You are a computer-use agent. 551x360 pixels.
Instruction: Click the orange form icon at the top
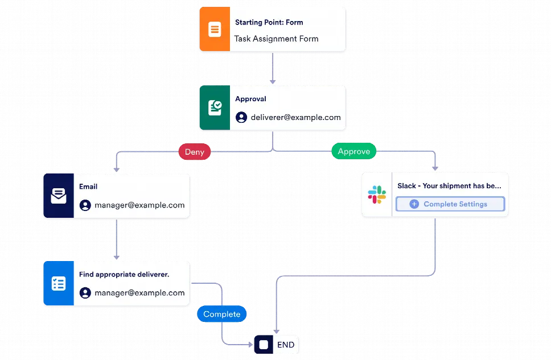[215, 30]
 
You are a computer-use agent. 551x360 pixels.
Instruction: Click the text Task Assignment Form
[276, 39]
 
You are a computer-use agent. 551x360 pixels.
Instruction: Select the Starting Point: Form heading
[269, 23]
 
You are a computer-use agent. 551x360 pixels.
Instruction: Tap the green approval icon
[215, 108]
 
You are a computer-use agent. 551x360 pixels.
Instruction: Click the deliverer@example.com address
[295, 118]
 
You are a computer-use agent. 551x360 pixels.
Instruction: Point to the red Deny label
[195, 152]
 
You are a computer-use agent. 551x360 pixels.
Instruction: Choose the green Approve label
[353, 151]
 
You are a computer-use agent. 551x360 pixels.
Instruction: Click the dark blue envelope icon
[58, 196]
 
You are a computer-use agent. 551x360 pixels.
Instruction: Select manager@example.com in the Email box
[139, 205]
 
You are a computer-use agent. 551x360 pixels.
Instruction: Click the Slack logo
[377, 195]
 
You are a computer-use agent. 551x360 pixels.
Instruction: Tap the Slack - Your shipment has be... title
[449, 186]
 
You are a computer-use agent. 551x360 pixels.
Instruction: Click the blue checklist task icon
[58, 284]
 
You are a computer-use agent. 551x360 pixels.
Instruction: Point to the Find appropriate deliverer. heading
[124, 274]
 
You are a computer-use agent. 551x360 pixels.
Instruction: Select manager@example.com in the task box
[139, 293]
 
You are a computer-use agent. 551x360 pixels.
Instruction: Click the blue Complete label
[221, 314]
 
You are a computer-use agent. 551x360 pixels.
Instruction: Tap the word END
[286, 345]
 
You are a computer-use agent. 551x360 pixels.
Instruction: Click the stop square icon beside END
[264, 345]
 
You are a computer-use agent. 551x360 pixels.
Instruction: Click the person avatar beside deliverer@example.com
[241, 118]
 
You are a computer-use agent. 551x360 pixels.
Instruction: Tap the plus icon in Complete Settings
[414, 204]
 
